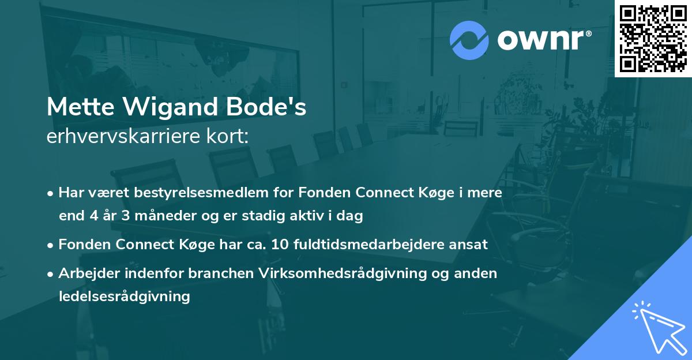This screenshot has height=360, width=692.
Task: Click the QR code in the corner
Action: (x=653, y=39)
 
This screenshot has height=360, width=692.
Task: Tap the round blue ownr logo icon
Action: (x=469, y=40)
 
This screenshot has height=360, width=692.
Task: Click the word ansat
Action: (x=469, y=245)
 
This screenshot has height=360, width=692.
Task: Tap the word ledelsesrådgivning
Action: (x=124, y=297)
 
